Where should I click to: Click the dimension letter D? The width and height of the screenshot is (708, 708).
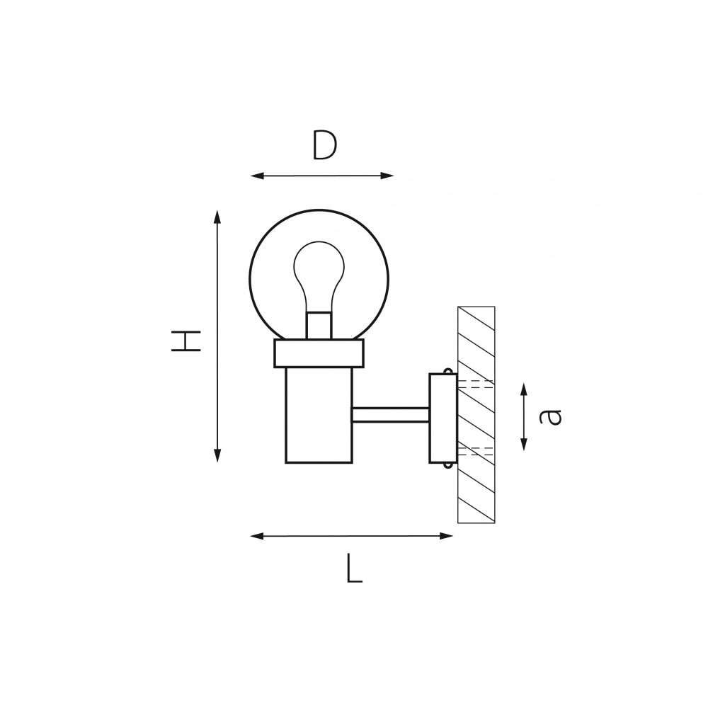[325, 144]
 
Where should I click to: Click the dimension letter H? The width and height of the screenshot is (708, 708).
[185, 341]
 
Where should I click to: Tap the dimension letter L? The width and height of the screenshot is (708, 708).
[355, 569]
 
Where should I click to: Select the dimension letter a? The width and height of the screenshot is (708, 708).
[550, 416]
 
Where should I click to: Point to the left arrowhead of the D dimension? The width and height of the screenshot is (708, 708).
[257, 176]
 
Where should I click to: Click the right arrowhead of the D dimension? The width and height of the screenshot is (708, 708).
[387, 176]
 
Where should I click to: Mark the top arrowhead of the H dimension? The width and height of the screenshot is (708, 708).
[217, 217]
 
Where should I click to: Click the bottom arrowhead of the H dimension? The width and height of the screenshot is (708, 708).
[217, 455]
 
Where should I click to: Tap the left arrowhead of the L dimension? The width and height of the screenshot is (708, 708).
[257, 536]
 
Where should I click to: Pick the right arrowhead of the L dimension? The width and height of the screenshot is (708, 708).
[446, 536]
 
